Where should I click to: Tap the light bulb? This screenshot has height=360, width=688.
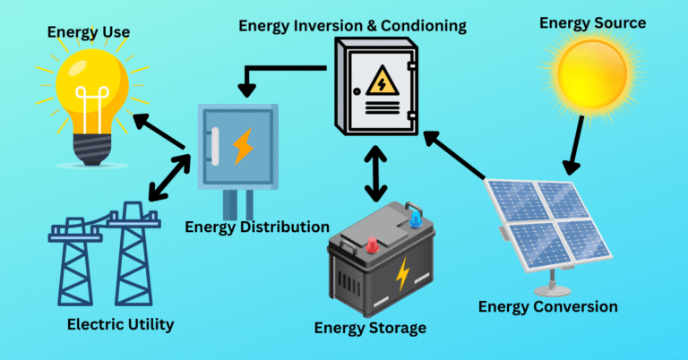(x=93, y=99)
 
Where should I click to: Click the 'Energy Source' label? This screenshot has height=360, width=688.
(x=592, y=22)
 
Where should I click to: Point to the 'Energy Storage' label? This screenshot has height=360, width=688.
(x=370, y=327)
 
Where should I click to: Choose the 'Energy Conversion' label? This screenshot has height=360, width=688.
(x=547, y=307)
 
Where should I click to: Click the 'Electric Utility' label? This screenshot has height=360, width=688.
(x=121, y=324)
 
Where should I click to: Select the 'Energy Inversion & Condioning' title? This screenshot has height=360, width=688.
(x=352, y=25)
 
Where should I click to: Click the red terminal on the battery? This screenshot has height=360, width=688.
(x=369, y=243)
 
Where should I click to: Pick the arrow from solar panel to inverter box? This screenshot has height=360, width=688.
(x=454, y=152)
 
